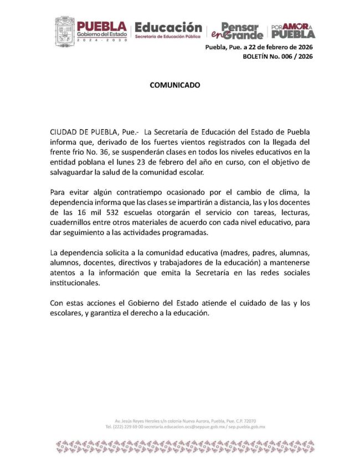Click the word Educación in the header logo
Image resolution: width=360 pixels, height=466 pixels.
(x=168, y=27)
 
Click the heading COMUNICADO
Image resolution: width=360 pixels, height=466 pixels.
(x=174, y=86)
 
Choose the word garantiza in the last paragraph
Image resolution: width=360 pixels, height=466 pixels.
(x=112, y=313)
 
